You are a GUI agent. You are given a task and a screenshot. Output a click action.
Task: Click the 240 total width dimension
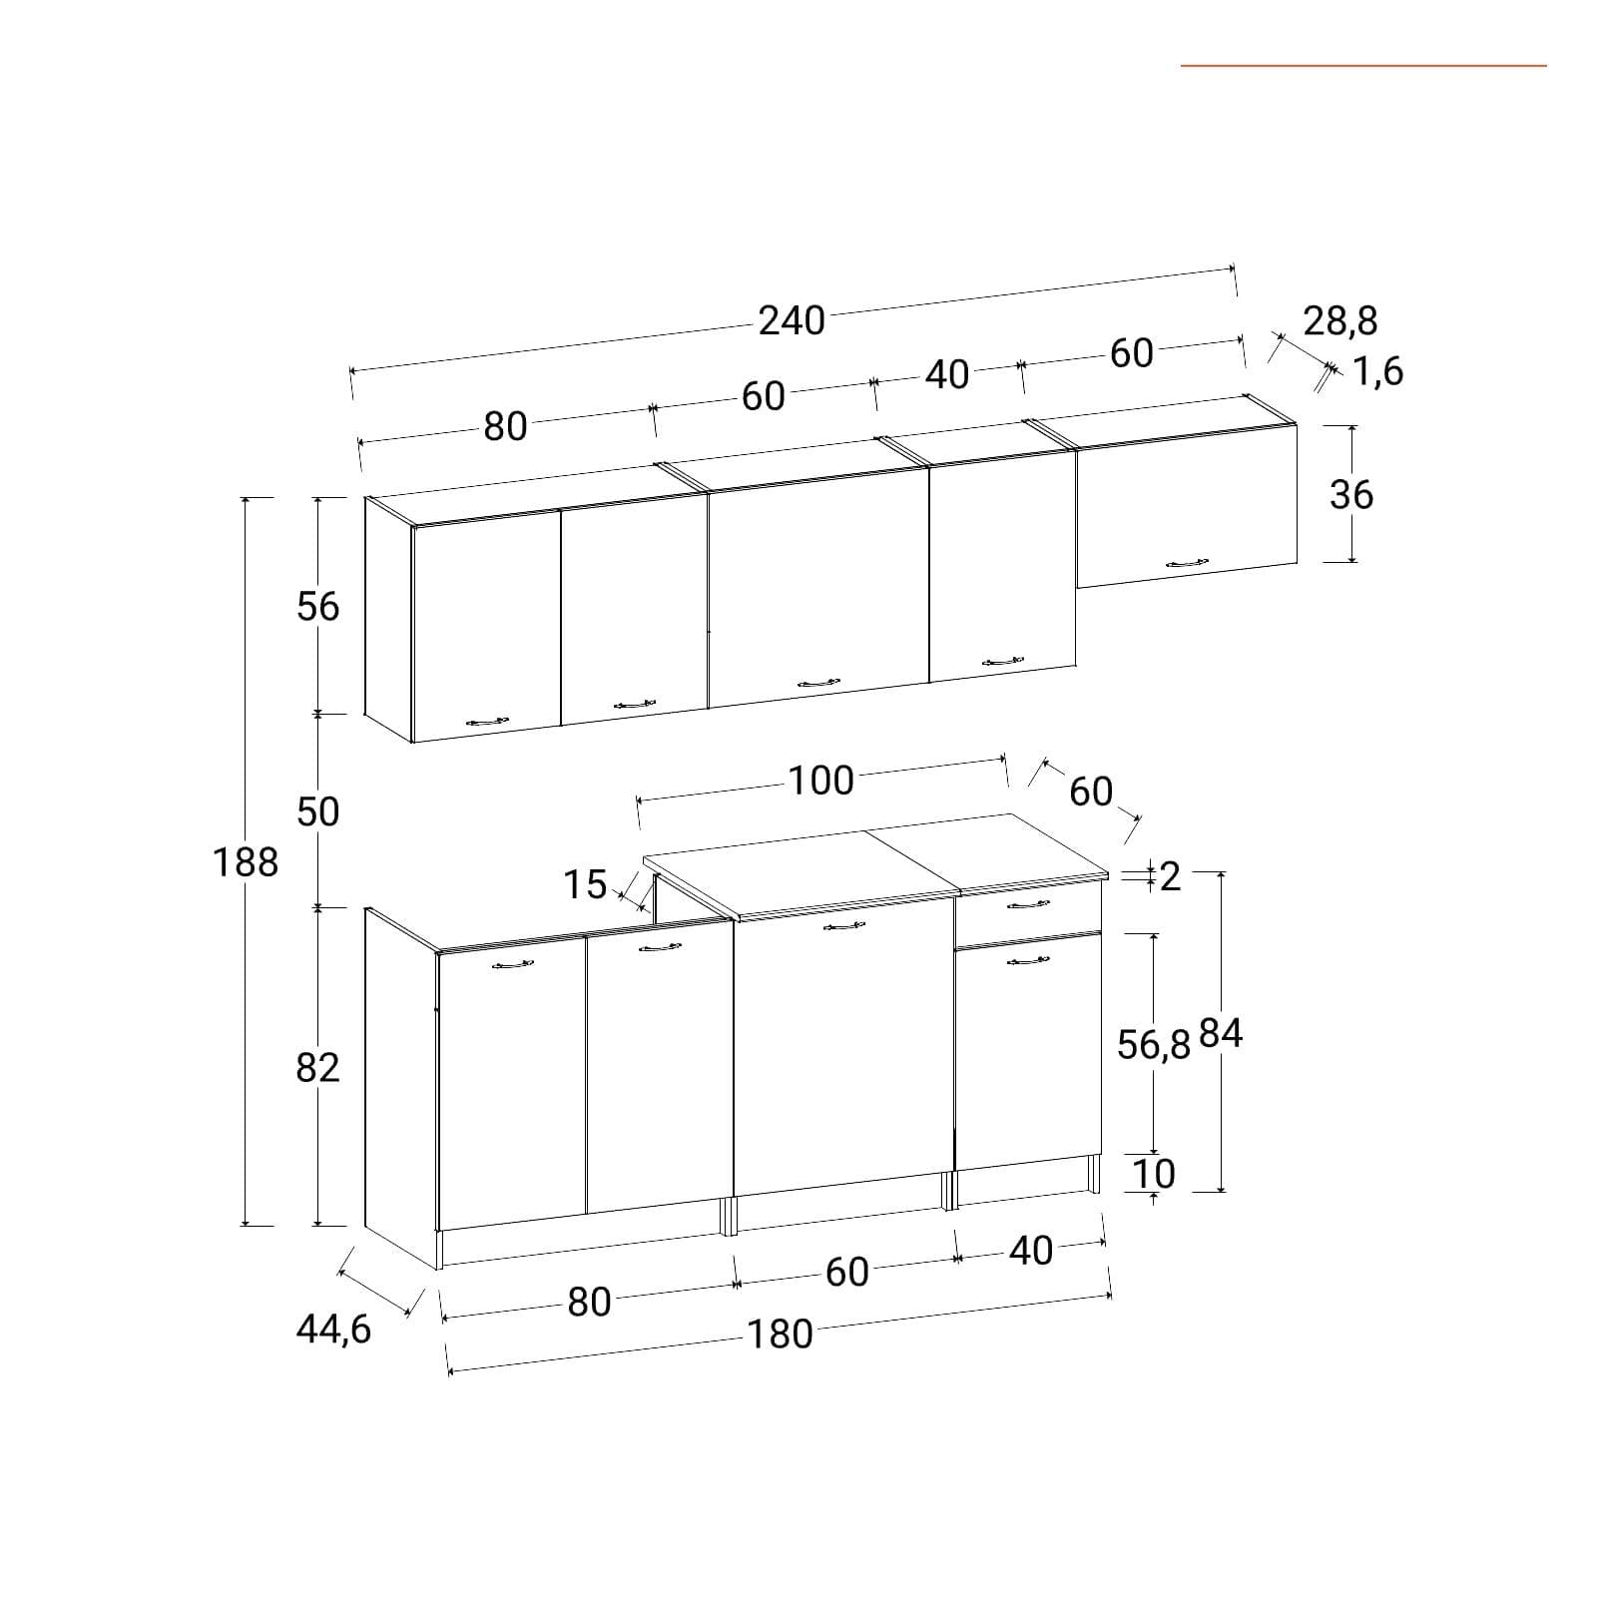pyautogui.click(x=792, y=320)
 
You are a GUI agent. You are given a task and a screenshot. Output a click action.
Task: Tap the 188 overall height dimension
pyautogui.click(x=246, y=861)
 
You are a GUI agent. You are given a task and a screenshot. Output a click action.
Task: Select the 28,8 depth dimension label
pyautogui.click(x=1340, y=321)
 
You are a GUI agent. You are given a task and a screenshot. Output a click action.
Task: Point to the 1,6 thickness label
pyautogui.click(x=1378, y=371)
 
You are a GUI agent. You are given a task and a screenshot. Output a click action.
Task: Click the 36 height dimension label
pyautogui.click(x=1351, y=494)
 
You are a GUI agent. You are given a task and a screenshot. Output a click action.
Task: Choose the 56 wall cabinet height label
pyautogui.click(x=318, y=606)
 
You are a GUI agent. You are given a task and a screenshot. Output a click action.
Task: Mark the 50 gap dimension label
pyautogui.click(x=318, y=811)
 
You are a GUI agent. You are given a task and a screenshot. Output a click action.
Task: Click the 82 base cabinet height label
pyautogui.click(x=318, y=1068)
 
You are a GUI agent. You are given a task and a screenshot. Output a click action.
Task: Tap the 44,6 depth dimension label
pyautogui.click(x=333, y=1330)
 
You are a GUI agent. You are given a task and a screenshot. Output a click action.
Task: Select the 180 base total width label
pyautogui.click(x=781, y=1334)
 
